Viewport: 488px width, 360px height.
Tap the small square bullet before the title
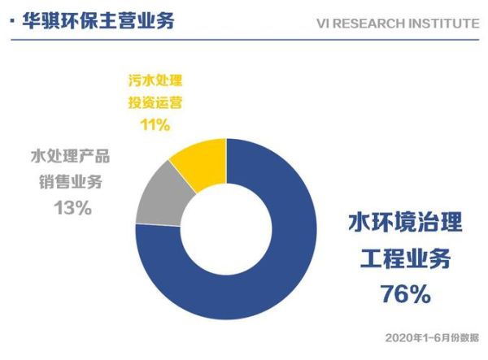[11, 20]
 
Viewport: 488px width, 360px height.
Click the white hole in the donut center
[225, 228]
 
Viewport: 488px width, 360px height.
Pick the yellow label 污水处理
[155, 81]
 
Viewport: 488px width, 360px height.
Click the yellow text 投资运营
[155, 103]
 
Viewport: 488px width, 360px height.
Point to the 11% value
[155, 124]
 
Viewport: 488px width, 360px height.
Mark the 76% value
[405, 294]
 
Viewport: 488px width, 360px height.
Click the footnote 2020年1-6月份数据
[431, 337]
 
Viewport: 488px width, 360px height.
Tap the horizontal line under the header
[244, 37]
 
